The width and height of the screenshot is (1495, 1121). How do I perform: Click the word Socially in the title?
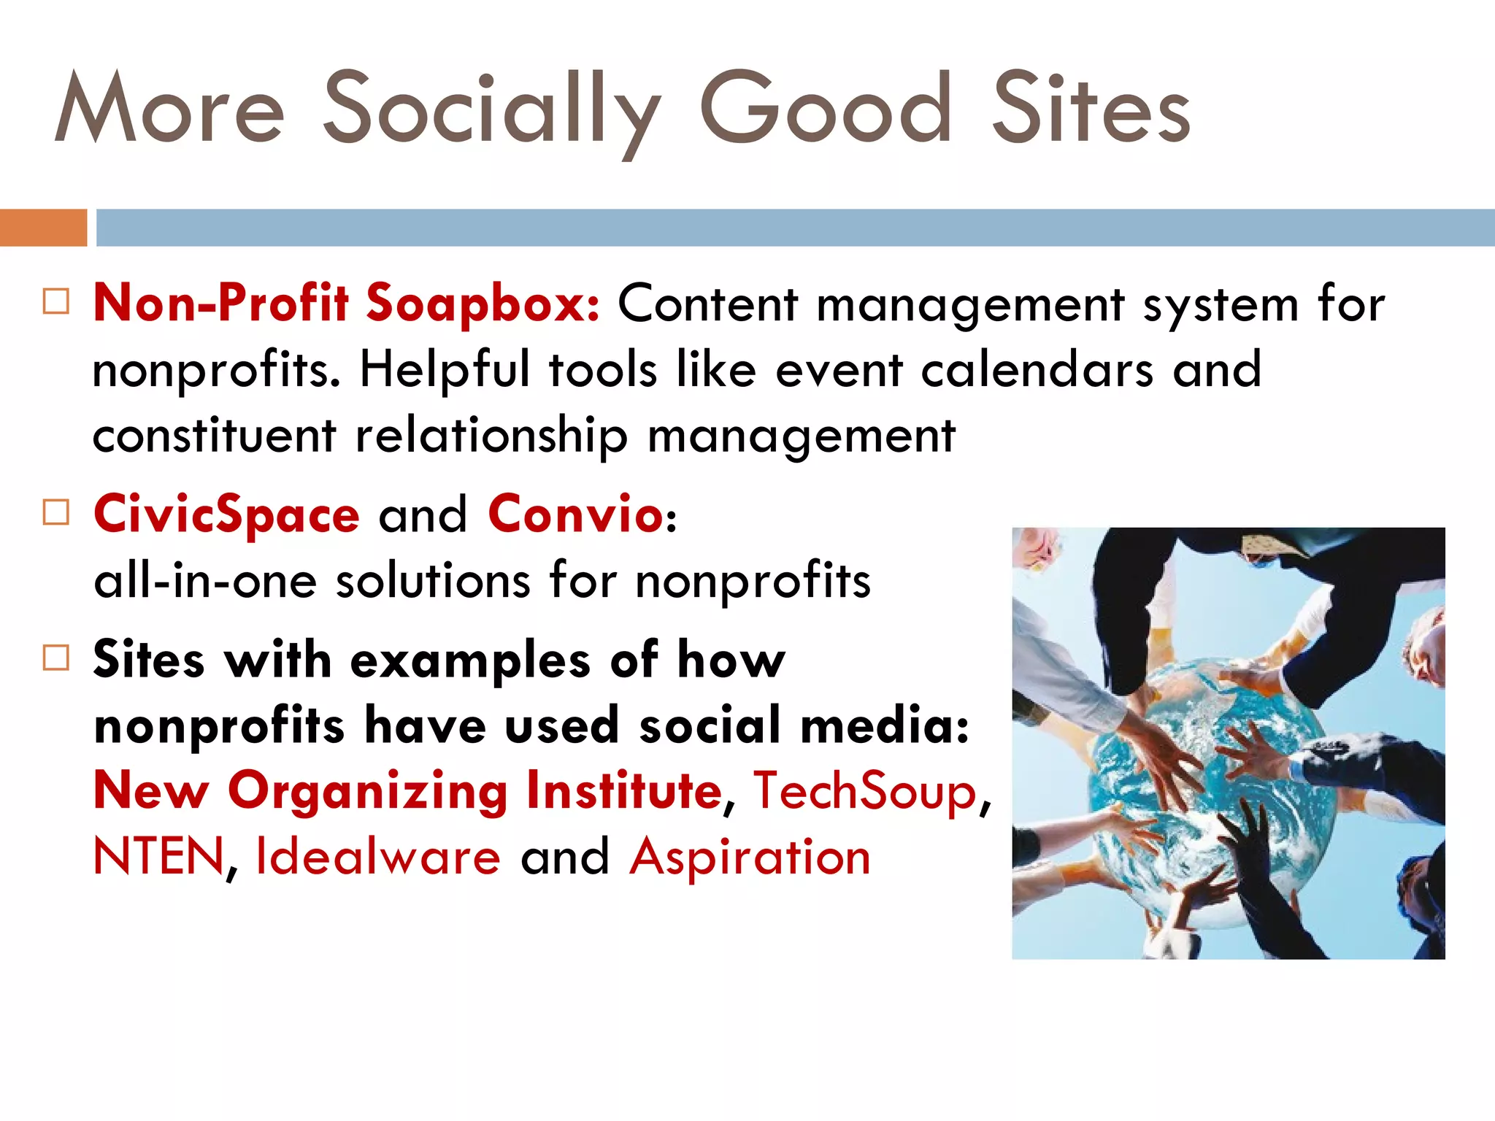click(x=491, y=109)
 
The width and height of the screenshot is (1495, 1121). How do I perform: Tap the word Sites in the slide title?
click(x=1091, y=109)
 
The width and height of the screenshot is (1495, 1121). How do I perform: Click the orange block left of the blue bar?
click(x=43, y=227)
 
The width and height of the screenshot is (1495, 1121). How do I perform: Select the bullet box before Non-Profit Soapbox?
click(x=56, y=301)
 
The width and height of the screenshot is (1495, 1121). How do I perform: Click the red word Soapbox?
click(x=483, y=303)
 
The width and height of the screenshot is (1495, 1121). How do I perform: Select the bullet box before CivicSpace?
click(x=56, y=512)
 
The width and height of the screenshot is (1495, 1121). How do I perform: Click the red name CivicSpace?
click(x=227, y=515)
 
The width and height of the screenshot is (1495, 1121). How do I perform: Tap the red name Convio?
click(x=575, y=515)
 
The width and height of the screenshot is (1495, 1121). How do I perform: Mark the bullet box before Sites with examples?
click(x=56, y=658)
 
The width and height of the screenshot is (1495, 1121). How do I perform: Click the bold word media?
click(x=885, y=726)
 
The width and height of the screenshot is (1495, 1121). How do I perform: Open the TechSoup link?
click(x=865, y=791)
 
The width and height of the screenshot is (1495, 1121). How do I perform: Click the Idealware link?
click(x=378, y=857)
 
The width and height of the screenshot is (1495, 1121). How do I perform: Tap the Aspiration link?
click(x=750, y=857)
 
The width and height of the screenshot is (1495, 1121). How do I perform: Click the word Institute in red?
click(x=624, y=791)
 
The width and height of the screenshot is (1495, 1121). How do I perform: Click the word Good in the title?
click(x=826, y=109)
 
